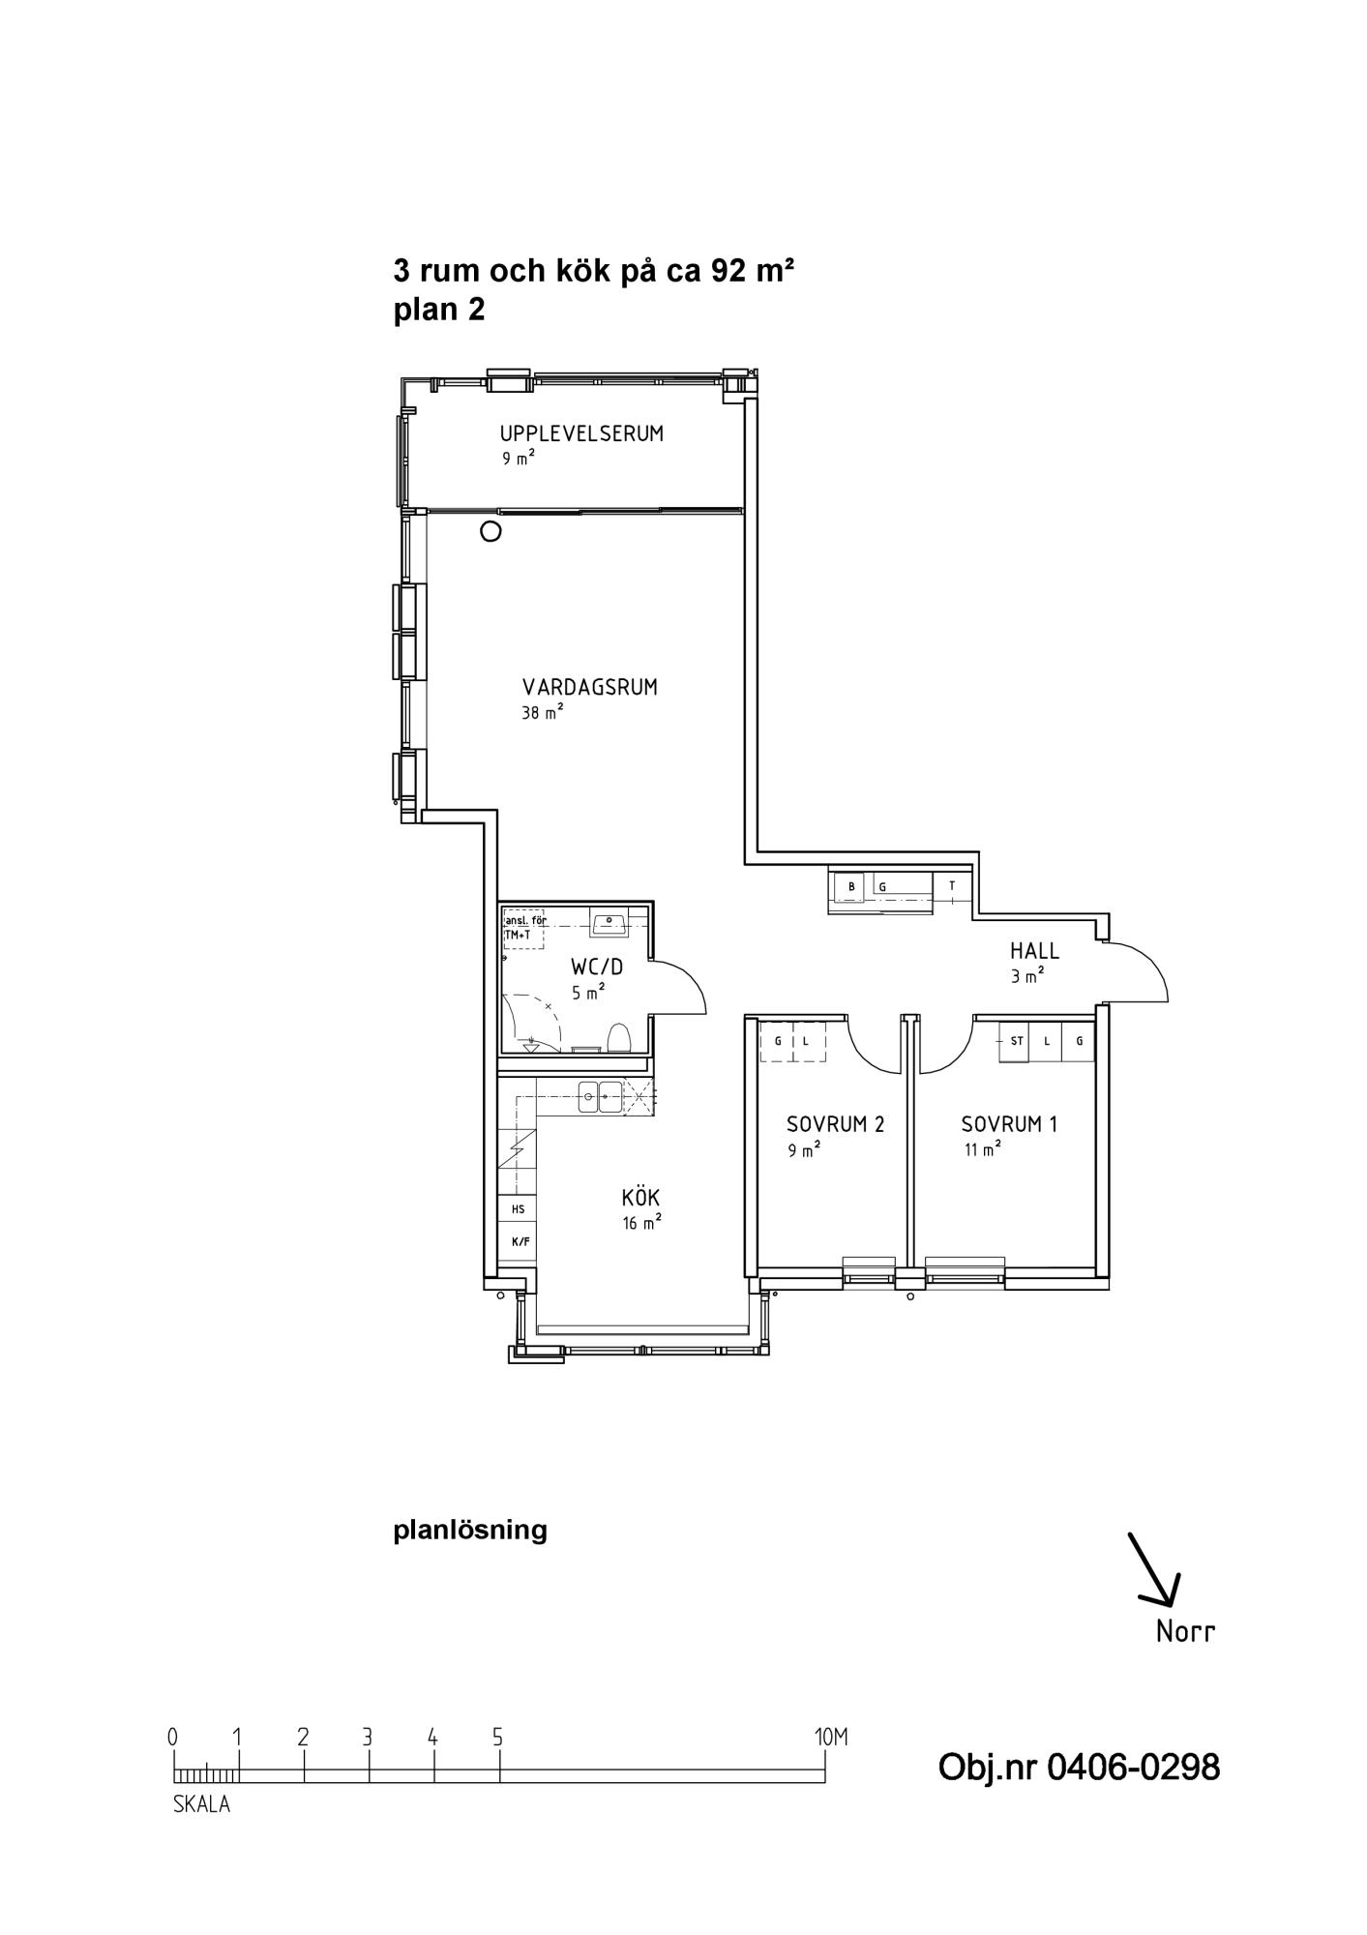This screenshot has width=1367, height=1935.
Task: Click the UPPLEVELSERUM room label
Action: (581, 433)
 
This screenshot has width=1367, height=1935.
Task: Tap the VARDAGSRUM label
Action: (590, 688)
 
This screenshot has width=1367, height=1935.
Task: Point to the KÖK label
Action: (640, 1198)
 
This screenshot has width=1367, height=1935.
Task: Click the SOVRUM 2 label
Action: (835, 1124)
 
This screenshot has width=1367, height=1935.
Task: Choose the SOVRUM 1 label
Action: (1009, 1124)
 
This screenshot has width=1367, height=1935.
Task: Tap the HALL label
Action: (1034, 952)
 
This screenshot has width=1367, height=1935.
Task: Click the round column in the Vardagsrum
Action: (491, 531)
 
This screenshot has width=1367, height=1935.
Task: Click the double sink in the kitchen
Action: (600, 1097)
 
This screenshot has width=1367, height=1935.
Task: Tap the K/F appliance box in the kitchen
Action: (520, 1241)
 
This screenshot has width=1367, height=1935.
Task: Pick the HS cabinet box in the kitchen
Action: (519, 1209)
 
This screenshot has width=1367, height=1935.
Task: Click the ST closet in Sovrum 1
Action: (1016, 1041)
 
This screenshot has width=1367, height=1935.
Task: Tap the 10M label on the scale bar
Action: (831, 1737)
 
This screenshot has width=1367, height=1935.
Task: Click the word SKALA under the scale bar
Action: (201, 1804)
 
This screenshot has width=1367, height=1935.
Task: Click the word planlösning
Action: (470, 1531)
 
